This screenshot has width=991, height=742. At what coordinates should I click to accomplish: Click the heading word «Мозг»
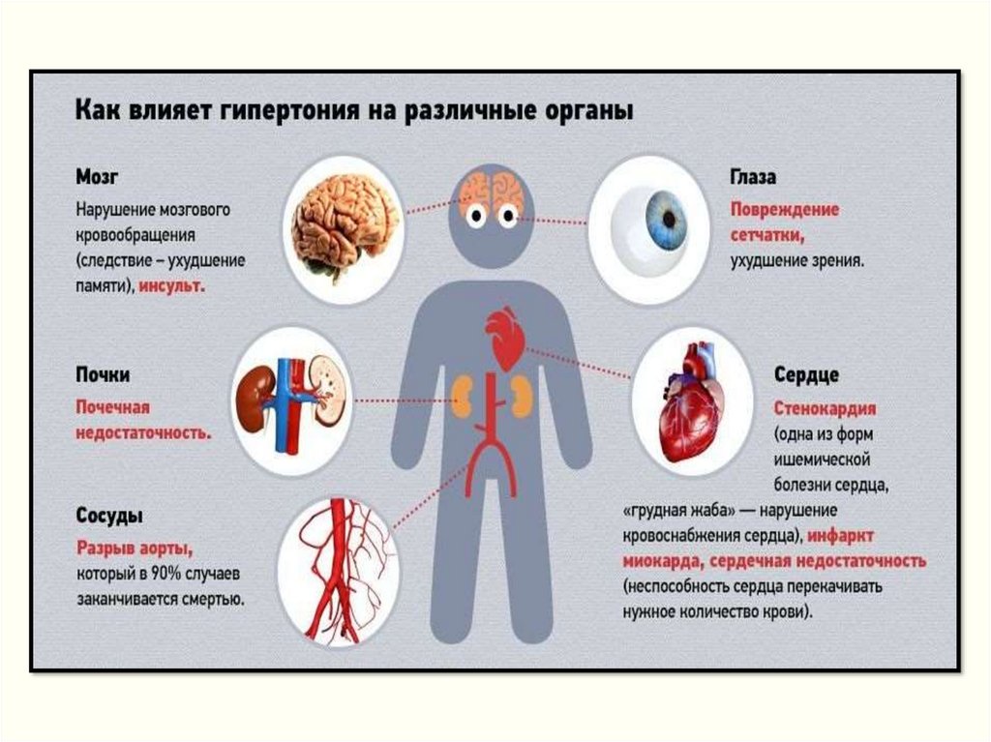(98, 177)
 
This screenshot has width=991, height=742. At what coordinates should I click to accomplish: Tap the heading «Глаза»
(752, 177)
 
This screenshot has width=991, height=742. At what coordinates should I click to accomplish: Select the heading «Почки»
(103, 374)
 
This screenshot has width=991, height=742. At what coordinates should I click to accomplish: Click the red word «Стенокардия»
(825, 407)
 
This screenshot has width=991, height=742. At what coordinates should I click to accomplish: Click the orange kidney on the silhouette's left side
(463, 395)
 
